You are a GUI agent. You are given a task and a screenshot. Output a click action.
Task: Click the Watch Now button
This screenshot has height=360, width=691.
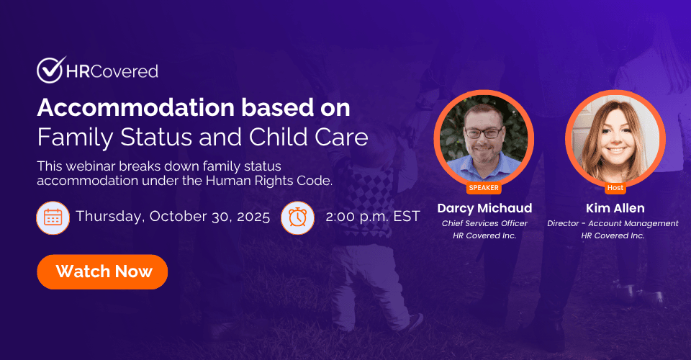pos(102,272)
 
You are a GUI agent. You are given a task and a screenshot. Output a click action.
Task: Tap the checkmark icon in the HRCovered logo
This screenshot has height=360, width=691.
pos(50,70)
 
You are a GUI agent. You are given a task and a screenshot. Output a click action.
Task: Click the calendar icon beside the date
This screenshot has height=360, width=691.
pos(53,217)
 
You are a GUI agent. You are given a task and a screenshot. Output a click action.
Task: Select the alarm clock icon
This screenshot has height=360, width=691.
pos(297,217)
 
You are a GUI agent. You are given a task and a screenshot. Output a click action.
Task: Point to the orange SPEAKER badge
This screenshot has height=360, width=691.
pos(484,188)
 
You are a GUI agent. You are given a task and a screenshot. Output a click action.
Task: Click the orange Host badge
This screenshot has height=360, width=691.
pos(615,188)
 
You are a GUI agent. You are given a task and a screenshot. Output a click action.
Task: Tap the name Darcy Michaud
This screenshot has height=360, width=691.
pos(484,208)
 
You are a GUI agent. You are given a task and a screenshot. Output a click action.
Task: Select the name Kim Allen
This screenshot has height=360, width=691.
pos(615,208)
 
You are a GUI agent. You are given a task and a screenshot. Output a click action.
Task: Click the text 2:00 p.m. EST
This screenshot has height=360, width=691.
pos(373,216)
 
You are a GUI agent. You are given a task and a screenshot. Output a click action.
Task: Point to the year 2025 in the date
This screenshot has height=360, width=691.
pos(253,217)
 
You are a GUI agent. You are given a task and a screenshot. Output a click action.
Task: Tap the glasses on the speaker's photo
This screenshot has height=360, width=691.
pos(484,132)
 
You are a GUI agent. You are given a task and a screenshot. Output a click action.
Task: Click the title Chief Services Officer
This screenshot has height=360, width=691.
pos(484,223)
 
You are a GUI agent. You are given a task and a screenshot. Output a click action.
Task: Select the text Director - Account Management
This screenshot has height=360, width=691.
pos(613,223)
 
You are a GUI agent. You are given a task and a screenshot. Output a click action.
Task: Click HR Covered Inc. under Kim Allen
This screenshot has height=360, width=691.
pos(613,235)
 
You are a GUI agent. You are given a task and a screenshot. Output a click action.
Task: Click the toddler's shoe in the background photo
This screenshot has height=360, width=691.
pos(415,323)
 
